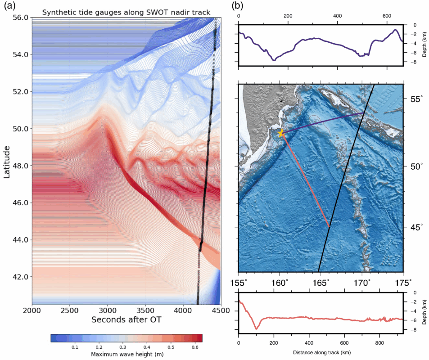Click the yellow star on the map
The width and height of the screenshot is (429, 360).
pos(281,133)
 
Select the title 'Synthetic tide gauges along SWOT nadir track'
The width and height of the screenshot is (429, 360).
pos(126,12)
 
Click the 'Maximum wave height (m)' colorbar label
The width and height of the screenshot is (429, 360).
pos(126,355)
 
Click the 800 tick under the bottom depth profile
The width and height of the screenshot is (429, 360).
pos(379,342)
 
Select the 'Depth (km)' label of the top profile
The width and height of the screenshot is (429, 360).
pos(424,45)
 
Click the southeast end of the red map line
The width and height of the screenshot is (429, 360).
pos(330,226)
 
